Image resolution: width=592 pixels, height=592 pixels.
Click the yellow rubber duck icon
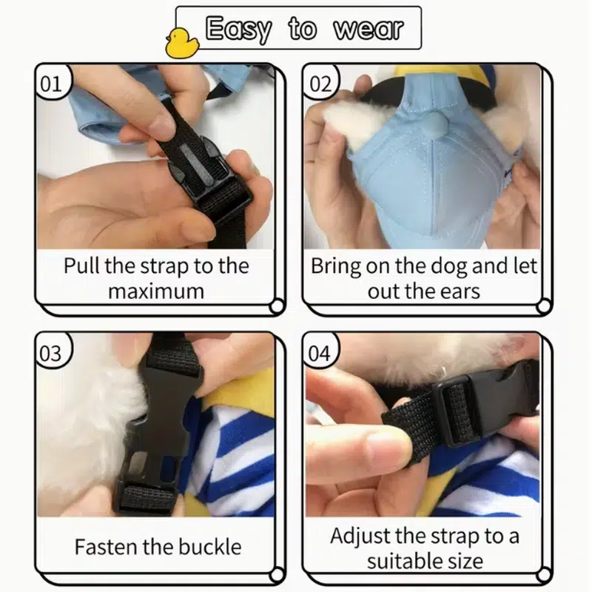(181, 43)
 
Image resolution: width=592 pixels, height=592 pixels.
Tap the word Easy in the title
(238, 29)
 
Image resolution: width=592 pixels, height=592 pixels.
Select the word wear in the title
(368, 28)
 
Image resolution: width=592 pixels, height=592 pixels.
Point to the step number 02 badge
(320, 84)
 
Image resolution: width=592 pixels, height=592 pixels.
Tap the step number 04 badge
(320, 353)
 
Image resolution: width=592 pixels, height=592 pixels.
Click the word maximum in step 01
(156, 292)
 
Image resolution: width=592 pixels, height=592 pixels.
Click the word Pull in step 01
(82, 266)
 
